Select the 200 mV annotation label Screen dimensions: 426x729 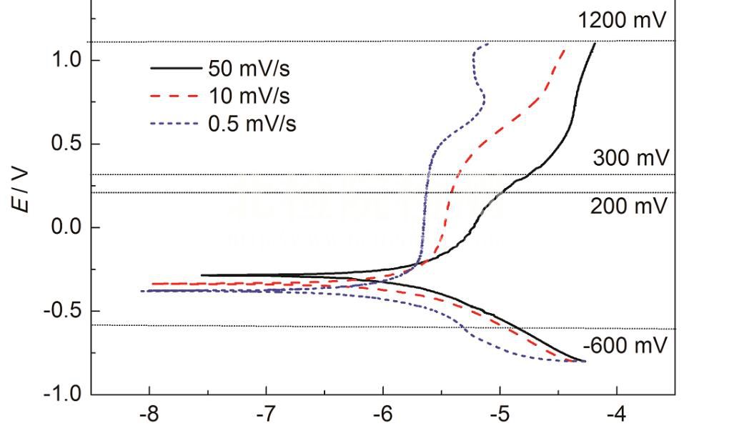[x=628, y=206]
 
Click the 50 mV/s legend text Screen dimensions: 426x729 [x=251, y=69]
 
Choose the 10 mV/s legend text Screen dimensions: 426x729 [x=251, y=96]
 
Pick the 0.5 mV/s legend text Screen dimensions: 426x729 [x=252, y=124]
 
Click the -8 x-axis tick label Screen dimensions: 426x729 [x=149, y=414]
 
